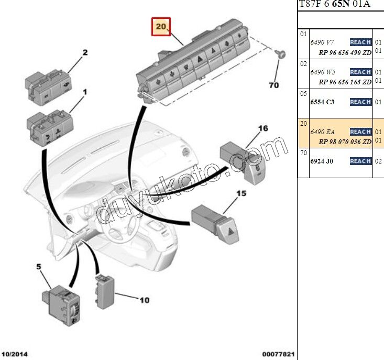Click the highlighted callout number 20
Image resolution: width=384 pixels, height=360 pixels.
pyautogui.click(x=161, y=26)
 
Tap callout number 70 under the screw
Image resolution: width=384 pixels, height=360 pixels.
pyautogui.click(x=273, y=85)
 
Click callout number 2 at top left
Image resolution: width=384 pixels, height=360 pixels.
pyautogui.click(x=84, y=52)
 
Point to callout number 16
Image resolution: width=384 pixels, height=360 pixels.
pyautogui.click(x=262, y=128)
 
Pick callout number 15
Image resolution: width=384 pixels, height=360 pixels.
pyautogui.click(x=241, y=194)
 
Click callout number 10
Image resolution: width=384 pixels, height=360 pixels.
pyautogui.click(x=144, y=300)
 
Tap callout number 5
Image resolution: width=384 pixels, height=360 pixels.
pyautogui.click(x=38, y=267)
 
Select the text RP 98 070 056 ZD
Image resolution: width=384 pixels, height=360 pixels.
pyautogui.click(x=345, y=142)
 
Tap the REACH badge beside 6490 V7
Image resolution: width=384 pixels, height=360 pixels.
pyautogui.click(x=360, y=42)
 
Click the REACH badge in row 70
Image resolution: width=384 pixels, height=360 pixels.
pyautogui.click(x=360, y=161)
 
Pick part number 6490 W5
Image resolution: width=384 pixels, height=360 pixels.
pyautogui.click(x=322, y=72)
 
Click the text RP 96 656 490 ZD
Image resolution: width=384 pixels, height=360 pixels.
pyautogui.click(x=345, y=52)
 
